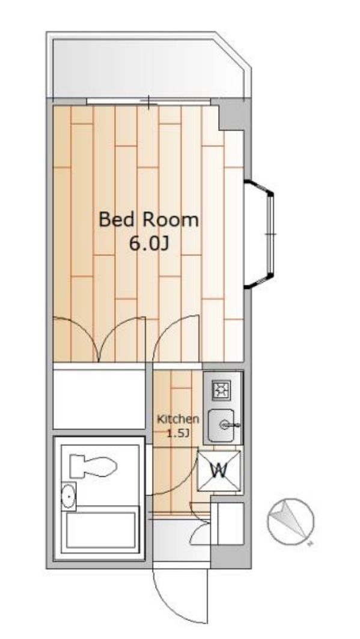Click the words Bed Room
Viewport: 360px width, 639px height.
(x=149, y=220)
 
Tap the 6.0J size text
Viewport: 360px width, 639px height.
(x=148, y=244)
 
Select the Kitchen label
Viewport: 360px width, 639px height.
(x=178, y=419)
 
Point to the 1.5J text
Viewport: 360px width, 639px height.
(x=178, y=433)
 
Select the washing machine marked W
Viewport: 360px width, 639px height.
(x=219, y=471)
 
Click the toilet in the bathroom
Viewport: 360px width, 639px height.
(x=93, y=466)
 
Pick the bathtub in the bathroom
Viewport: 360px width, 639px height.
(x=101, y=530)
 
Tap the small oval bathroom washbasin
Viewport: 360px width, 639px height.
(x=68, y=496)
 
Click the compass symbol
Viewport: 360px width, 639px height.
(x=291, y=521)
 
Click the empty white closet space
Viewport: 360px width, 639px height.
(x=99, y=399)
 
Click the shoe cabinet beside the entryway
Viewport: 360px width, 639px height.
(x=231, y=524)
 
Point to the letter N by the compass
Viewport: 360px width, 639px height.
(x=311, y=544)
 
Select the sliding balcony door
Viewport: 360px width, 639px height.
(x=149, y=101)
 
